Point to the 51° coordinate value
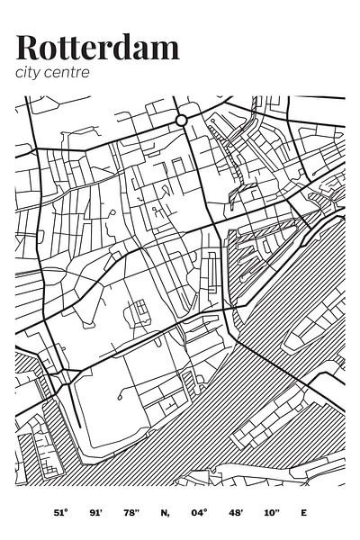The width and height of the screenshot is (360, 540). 59,512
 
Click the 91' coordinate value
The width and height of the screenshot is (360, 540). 95,512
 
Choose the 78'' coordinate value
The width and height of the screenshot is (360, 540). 131,512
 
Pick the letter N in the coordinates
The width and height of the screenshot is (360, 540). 165,512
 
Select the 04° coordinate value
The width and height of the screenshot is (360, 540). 199,512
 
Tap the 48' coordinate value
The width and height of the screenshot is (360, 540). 235,512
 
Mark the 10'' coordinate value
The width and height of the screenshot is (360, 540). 270,512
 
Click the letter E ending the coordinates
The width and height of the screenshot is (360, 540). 303,512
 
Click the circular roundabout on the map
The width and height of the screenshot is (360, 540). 181,120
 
